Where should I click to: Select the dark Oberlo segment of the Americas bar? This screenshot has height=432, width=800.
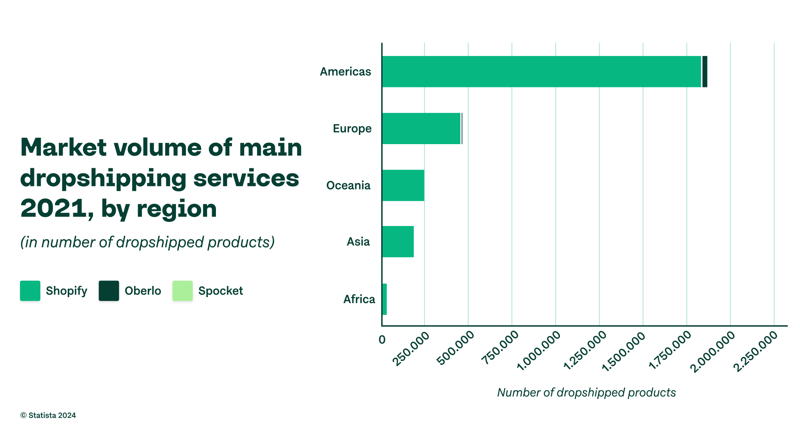pos(704,72)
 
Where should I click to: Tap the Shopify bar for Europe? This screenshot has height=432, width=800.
pos(421,129)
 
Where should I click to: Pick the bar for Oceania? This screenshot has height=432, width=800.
pos(403,185)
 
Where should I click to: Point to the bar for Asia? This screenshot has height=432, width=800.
pos(398,242)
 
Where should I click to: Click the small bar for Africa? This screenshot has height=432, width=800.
pos(384,299)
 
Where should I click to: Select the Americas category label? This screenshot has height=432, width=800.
pos(345,72)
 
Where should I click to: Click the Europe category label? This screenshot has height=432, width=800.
pos(352,129)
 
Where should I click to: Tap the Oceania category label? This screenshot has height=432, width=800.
pos(348,185)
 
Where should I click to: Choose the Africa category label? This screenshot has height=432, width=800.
pos(359,299)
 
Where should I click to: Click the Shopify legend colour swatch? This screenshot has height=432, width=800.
pos(30,291)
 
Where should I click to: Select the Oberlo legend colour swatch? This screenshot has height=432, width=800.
pos(109,291)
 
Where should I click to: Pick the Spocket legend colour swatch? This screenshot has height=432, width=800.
pos(183,291)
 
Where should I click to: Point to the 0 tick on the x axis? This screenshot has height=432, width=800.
pos(382,339)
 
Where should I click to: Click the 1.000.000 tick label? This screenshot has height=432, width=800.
pos(539,350)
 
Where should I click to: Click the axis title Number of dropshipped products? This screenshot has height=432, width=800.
pos(586,392)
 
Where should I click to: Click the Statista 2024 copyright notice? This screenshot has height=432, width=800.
pos(48,415)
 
